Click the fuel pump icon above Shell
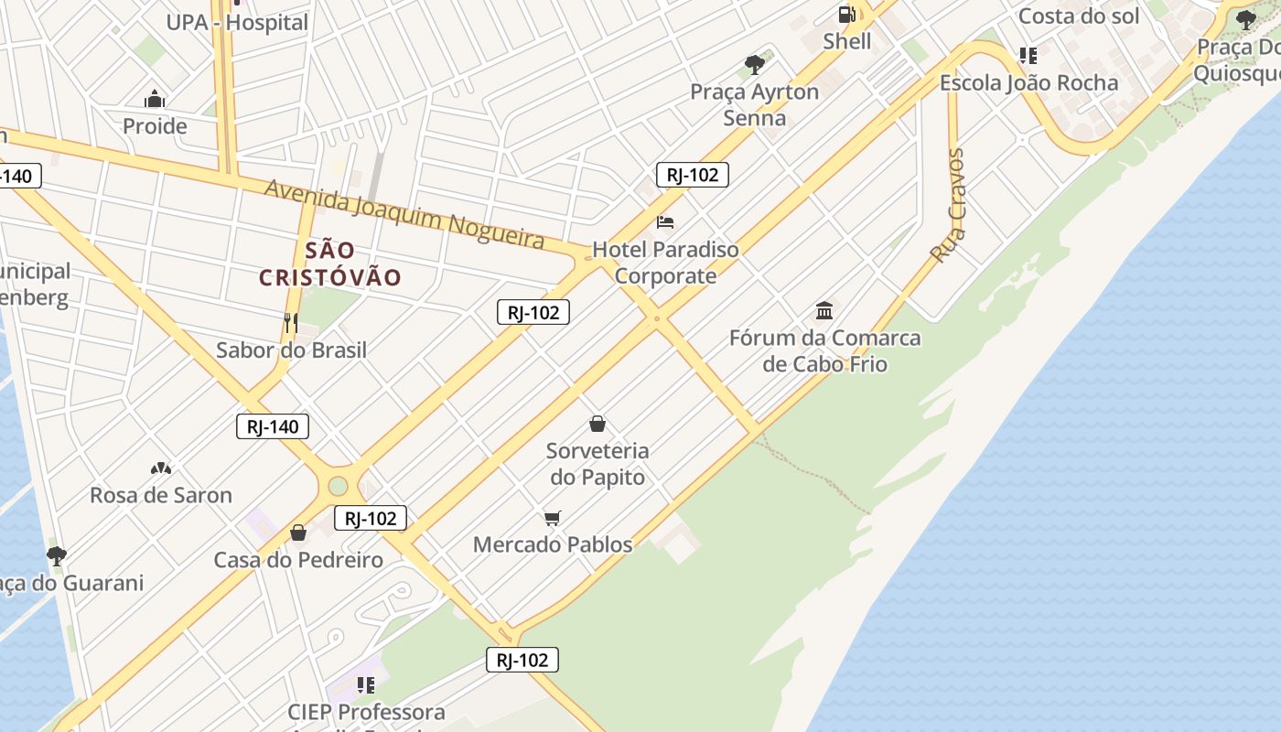pyautogui.click(x=847, y=15)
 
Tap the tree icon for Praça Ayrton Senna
pyautogui.click(x=755, y=64)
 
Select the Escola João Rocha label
pyautogui.click(x=1028, y=83)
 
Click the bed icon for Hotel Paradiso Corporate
pyautogui.click(x=665, y=222)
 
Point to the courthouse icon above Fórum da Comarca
pyautogui.click(x=824, y=310)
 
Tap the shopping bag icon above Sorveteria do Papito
pyautogui.click(x=597, y=424)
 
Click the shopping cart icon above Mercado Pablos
pyautogui.click(x=552, y=519)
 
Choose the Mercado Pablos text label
pyautogui.click(x=553, y=544)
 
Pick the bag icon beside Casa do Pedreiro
pyautogui.click(x=298, y=533)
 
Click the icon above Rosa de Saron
pyautogui.click(x=161, y=468)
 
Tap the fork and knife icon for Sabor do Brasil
pyautogui.click(x=291, y=322)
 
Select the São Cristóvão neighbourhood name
pyautogui.click(x=330, y=264)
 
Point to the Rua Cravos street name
pyautogui.click(x=948, y=206)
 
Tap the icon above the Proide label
pyautogui.click(x=155, y=99)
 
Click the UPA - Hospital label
pyautogui.click(x=237, y=23)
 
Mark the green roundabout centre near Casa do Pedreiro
pyautogui.click(x=339, y=486)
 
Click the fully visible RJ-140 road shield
pyautogui.click(x=273, y=426)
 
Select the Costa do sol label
pyautogui.click(x=1079, y=16)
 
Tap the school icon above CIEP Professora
pyautogui.click(x=366, y=684)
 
